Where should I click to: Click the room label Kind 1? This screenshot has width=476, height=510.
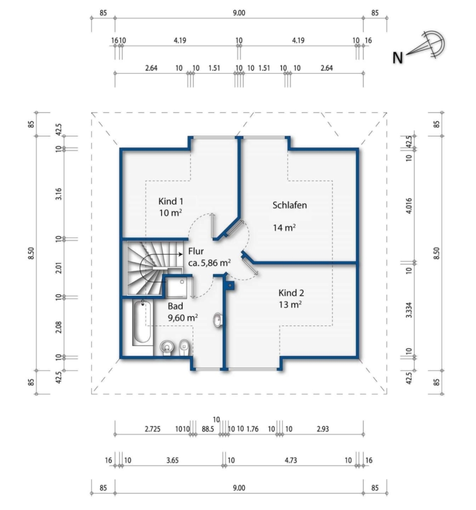click(x=170, y=202)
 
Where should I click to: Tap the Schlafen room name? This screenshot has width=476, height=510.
click(x=290, y=205)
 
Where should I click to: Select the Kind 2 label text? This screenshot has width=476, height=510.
click(x=291, y=293)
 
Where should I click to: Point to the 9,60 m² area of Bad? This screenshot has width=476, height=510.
click(x=183, y=317)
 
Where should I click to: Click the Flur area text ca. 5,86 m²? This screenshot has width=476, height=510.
click(x=210, y=263)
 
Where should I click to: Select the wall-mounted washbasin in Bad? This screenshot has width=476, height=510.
click(x=217, y=320)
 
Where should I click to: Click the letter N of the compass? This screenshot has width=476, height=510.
click(x=398, y=58)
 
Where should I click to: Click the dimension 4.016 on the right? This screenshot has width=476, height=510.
click(x=409, y=205)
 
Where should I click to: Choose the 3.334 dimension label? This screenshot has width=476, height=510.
click(x=409, y=310)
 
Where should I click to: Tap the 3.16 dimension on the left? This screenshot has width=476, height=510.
click(x=58, y=194)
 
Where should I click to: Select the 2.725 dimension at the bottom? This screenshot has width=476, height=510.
click(x=153, y=429)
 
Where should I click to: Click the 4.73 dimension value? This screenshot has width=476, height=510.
click(x=291, y=460)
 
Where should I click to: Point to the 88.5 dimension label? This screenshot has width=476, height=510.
click(x=208, y=429)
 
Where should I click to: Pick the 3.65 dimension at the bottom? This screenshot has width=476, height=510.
click(x=172, y=460)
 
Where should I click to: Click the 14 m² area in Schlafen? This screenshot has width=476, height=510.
click(x=284, y=228)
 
